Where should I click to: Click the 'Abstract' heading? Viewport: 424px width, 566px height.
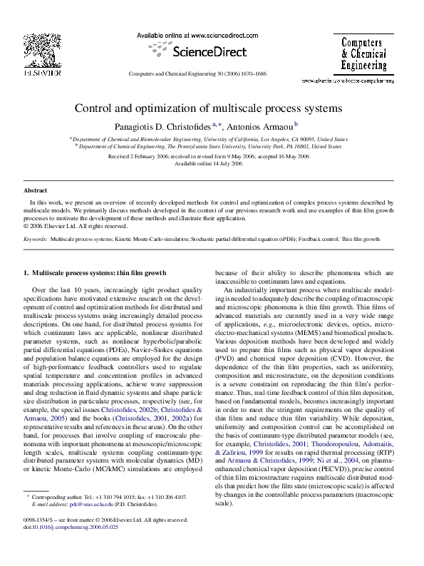coord(35,191)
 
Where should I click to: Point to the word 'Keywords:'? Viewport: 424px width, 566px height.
coord(35,240)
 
